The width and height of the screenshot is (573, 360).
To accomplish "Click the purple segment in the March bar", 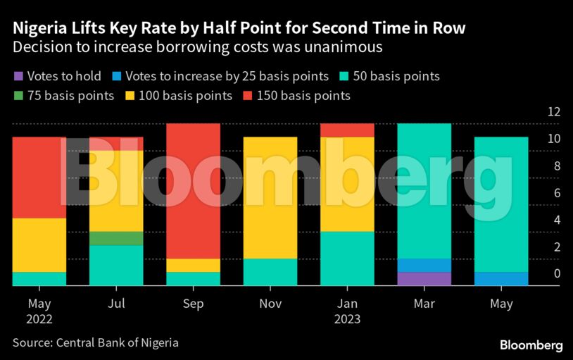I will coord(424,278).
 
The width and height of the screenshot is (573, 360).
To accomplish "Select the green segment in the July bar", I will coord(116,238).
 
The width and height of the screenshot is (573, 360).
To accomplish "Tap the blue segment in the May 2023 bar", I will coord(501,278).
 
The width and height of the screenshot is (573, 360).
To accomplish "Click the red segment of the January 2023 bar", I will coord(347,130).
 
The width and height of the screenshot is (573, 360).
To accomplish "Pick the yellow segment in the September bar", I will coord(193,265).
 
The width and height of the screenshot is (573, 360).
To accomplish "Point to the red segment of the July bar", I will coord(116,144).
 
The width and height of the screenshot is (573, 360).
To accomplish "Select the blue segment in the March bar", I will coord(424,265).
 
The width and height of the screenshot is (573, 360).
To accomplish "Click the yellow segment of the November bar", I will coord(270,198).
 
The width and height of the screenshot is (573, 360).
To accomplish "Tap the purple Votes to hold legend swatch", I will coord(18,76).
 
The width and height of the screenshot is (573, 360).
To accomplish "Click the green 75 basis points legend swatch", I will coord(18,95).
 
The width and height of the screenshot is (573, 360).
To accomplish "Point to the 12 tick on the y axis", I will coord(554,112).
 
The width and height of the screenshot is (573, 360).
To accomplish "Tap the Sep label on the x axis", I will coord(193,304).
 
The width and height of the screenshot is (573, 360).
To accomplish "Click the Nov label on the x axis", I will coord(270,304).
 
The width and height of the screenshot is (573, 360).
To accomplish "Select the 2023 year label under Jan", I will coord(347,319).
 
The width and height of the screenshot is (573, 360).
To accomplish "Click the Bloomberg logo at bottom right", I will coord(531,345).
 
